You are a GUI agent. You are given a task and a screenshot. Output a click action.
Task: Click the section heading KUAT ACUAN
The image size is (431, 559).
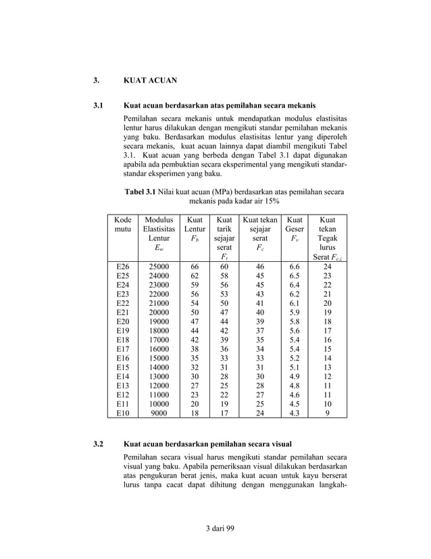(150, 81)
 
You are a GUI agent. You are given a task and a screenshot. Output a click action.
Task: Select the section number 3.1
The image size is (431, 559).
(97, 106)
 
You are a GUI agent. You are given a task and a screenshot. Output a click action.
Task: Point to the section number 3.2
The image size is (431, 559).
(97, 445)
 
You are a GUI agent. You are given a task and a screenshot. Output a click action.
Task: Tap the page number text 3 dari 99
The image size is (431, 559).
(215, 528)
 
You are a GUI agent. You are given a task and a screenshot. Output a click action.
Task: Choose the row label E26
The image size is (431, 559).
(122, 267)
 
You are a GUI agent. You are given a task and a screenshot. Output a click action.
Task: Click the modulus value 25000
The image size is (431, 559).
(159, 267)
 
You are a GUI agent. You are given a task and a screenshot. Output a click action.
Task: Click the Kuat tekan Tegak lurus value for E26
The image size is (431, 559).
(327, 267)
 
